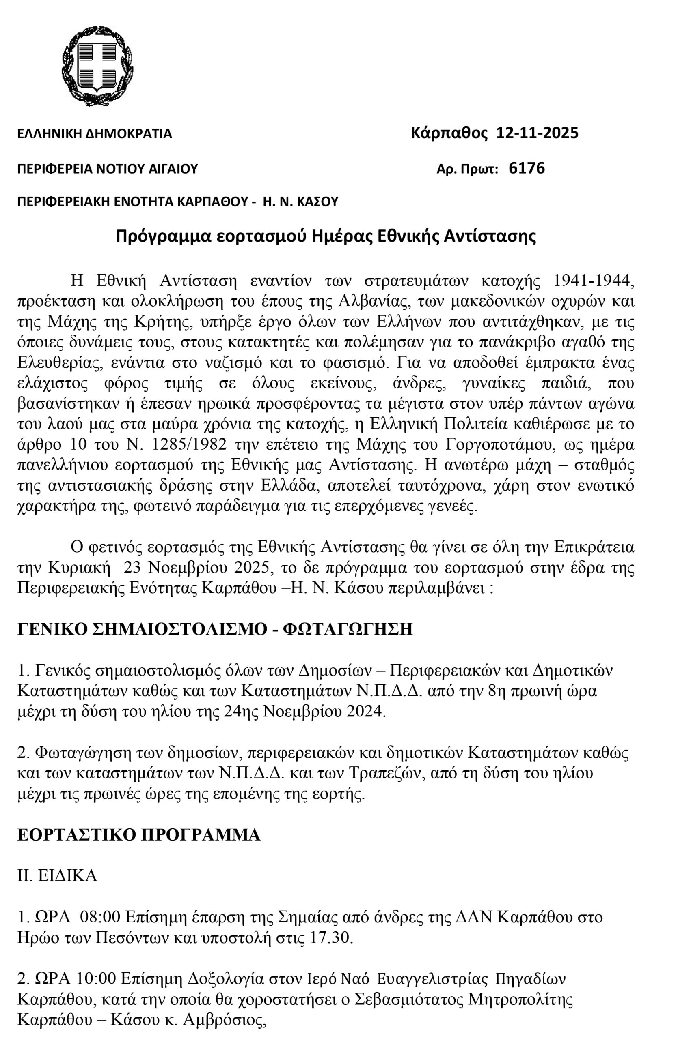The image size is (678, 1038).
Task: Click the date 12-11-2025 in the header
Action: (x=538, y=133)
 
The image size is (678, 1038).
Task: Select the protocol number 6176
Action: (x=527, y=168)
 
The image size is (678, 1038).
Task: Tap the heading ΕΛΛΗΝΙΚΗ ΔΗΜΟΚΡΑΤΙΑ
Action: (x=94, y=133)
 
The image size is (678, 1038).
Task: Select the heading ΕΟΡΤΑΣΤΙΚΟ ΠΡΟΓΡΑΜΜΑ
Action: (x=139, y=834)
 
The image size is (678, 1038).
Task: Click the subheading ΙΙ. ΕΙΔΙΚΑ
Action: (x=57, y=875)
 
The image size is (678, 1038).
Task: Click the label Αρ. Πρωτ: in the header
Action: (x=467, y=169)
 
